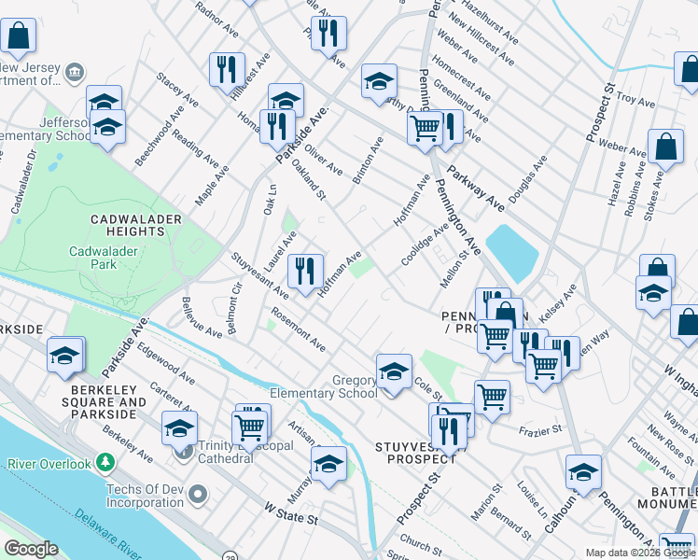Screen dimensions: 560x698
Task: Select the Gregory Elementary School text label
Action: [324, 386]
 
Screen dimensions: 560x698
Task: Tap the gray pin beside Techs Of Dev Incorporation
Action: [195, 492]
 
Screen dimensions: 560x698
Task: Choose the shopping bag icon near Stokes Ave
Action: [666, 147]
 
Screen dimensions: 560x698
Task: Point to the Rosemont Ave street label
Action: [298, 329]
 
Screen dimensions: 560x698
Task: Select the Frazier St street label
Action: [542, 428]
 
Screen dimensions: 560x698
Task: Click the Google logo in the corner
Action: [32, 550]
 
